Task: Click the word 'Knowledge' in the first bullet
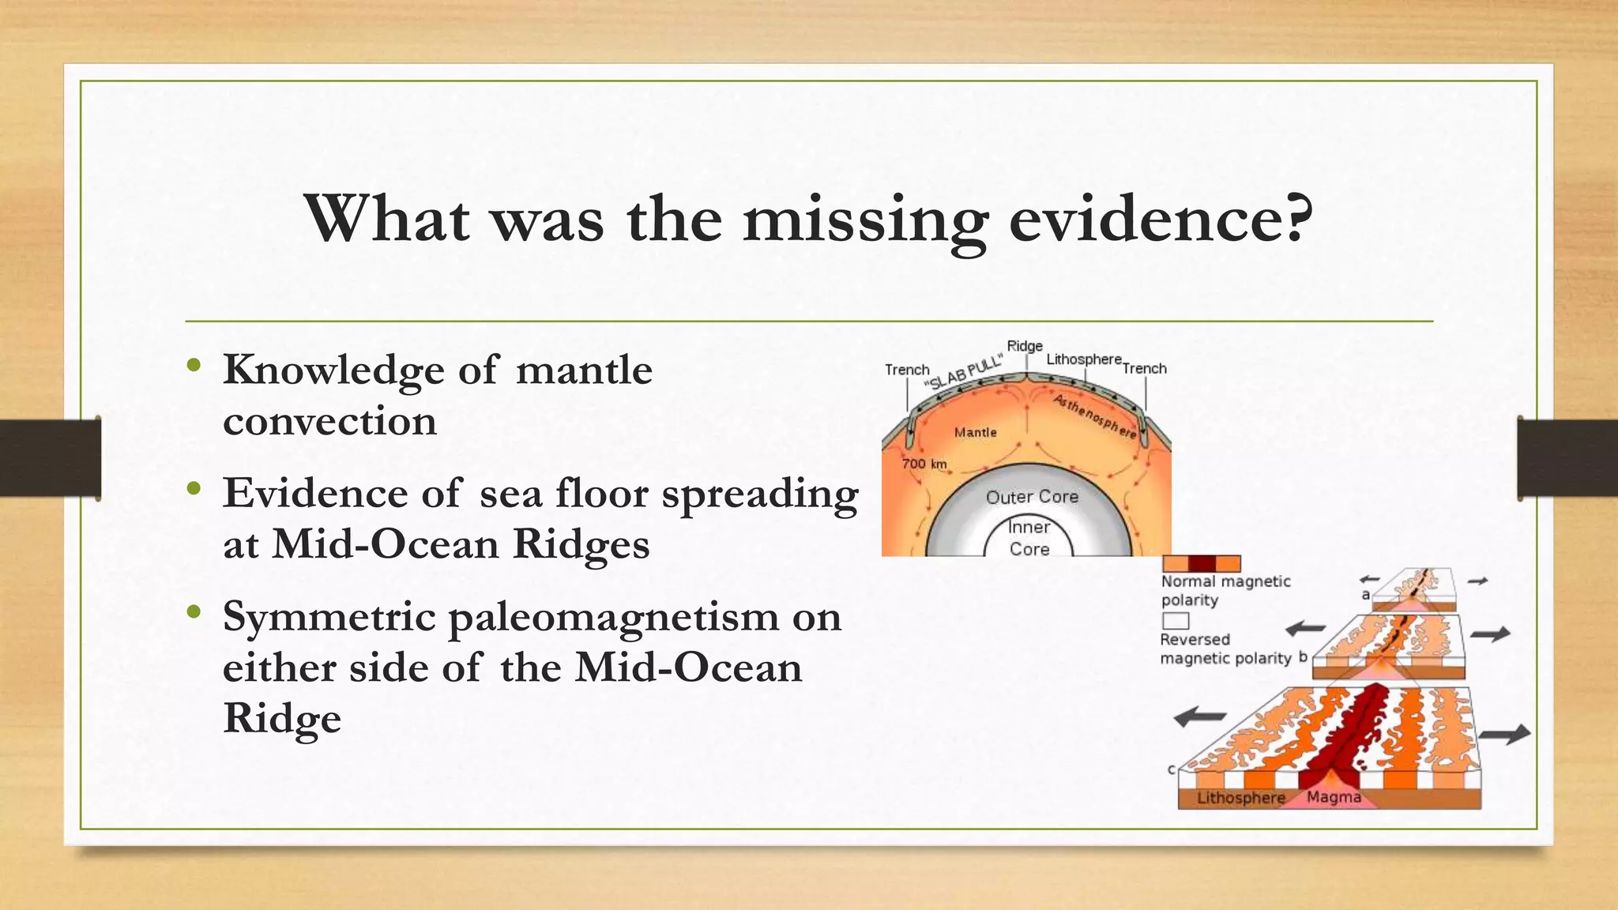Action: pyautogui.click(x=334, y=370)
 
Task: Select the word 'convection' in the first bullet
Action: pyautogui.click(x=329, y=420)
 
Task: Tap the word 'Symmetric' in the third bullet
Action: pyautogui.click(x=329, y=617)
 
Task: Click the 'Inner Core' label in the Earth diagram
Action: pyautogui.click(x=1029, y=538)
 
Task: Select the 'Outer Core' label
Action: pyautogui.click(x=1032, y=497)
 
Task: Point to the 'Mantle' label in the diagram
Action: pyautogui.click(x=975, y=432)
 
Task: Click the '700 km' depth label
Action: pyautogui.click(x=924, y=464)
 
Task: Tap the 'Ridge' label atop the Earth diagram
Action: pyautogui.click(x=1025, y=346)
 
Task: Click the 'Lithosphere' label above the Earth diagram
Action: pyautogui.click(x=1083, y=359)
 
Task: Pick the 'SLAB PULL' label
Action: pyautogui.click(x=964, y=374)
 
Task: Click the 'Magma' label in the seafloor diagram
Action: pyautogui.click(x=1334, y=797)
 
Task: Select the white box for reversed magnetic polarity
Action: pyautogui.click(x=1176, y=620)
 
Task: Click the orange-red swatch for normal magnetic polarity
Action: pyautogui.click(x=1201, y=563)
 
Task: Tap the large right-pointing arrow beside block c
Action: pyautogui.click(x=1504, y=734)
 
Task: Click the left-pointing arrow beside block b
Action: pyautogui.click(x=1306, y=629)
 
